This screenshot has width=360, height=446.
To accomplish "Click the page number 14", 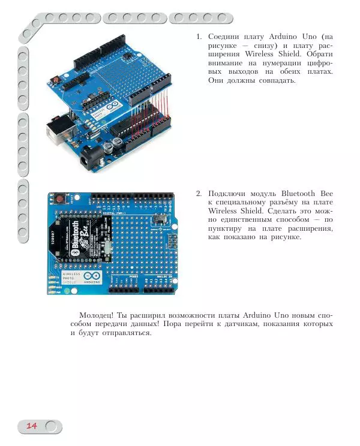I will click(x=31, y=426).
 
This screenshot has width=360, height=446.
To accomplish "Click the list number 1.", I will click(x=198, y=37).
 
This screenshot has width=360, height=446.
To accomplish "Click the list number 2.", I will click(x=198, y=194).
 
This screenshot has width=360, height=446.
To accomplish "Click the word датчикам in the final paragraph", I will click(x=280, y=324).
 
